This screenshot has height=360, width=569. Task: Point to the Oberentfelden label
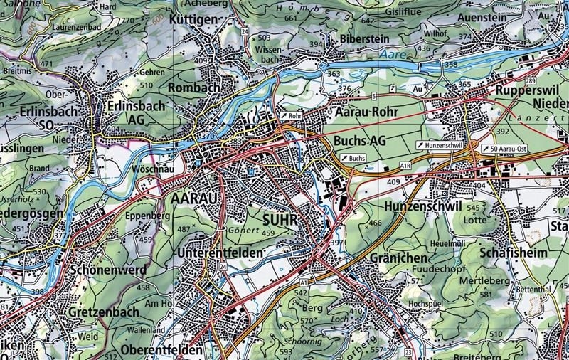162,351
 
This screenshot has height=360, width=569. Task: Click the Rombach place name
194,87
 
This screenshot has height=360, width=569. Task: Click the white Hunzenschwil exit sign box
440,145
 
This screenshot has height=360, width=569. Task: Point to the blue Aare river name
390,54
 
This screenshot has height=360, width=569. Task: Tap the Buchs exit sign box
353,157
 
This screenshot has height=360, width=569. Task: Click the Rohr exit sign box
291,115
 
